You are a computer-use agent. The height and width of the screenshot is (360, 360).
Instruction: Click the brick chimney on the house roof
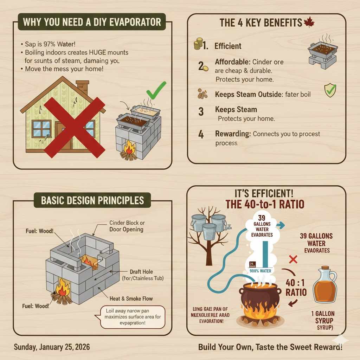(83, 87)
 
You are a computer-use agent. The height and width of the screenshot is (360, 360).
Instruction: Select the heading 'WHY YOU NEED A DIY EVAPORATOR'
(92, 22)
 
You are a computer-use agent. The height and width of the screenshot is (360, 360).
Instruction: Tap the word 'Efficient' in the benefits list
(228, 46)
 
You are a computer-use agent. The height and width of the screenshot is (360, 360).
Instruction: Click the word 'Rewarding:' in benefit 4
(232, 134)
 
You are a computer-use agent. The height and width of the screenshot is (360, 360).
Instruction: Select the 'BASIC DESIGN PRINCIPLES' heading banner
(92, 200)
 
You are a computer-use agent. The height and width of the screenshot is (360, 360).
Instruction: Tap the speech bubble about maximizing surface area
(130, 317)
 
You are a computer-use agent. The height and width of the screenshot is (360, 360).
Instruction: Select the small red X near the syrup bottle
(293, 260)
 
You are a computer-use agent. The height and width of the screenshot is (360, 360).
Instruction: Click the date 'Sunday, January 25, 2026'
(52, 347)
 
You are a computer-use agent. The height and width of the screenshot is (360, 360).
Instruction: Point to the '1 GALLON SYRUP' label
(323, 317)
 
